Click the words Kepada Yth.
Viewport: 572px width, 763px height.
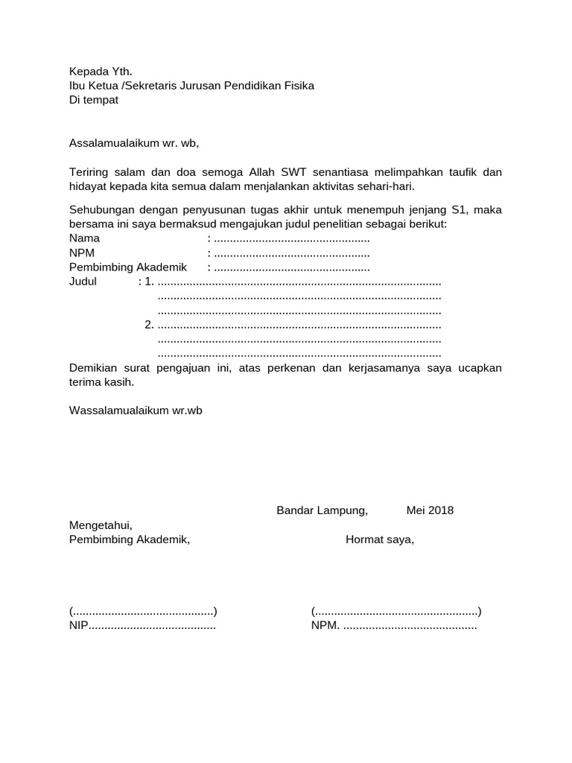coord(101,72)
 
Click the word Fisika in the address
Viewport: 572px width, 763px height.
coord(298,86)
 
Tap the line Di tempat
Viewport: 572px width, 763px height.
coord(94,100)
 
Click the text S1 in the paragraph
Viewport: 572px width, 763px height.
coord(459,210)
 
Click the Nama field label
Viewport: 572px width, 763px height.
coord(84,238)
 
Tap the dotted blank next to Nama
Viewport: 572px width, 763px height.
coord(291,239)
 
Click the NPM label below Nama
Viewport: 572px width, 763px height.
coord(83,253)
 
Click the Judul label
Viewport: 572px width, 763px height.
coord(83,282)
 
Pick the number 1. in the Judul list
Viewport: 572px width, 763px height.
coord(149,282)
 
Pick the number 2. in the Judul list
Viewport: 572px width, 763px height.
coord(149,325)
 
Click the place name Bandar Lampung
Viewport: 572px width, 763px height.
coord(322,510)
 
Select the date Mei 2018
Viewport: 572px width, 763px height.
coord(430,510)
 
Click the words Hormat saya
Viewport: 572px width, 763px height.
coord(379,539)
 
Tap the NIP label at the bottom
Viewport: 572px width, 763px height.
coord(79,626)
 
